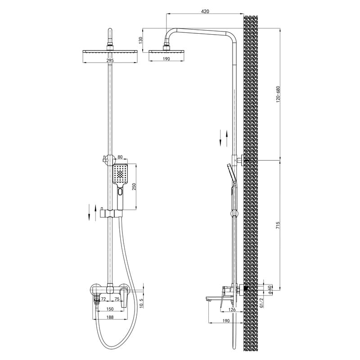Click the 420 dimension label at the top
[x=205, y=11]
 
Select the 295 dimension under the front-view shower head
[x=110, y=60]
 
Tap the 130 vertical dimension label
[x=141, y=40]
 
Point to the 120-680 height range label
[x=278, y=94]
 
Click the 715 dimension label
[x=278, y=225]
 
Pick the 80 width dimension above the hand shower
[x=120, y=157]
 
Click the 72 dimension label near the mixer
[x=103, y=299]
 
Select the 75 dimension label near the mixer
[x=117, y=299]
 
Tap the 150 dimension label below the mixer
[x=110, y=309]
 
